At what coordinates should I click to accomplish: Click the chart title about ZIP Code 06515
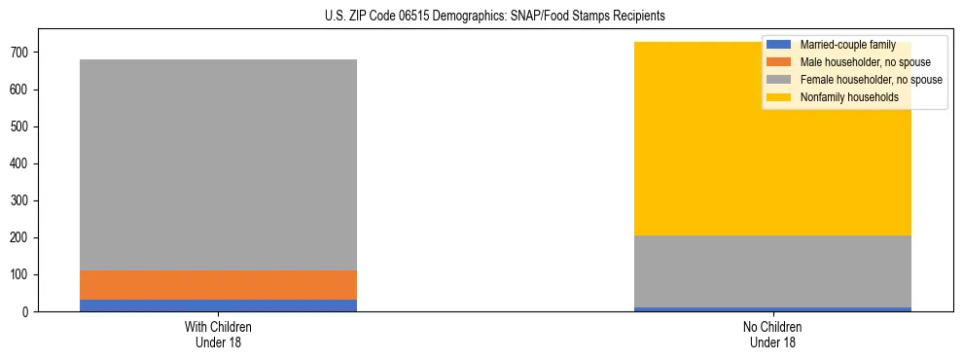coord(495,16)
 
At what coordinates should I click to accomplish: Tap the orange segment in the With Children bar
coord(218,285)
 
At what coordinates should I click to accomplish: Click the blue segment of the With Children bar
coord(218,306)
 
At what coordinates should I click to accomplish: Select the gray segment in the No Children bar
coord(772,271)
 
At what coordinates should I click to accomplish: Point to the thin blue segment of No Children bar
coord(772,309)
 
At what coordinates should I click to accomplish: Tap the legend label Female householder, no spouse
coord(871,80)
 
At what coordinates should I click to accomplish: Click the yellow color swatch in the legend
coord(779,97)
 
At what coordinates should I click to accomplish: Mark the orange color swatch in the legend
coord(779,62)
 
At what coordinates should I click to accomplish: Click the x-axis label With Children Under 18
coord(218,334)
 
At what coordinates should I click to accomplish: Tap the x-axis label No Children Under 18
coord(772,334)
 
